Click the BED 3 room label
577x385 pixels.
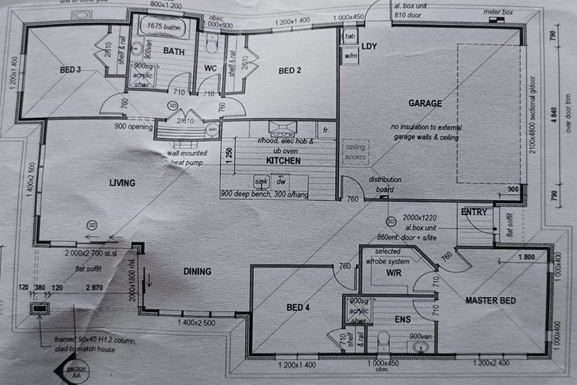71,70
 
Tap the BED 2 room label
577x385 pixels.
290,71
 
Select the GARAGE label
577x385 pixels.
425,103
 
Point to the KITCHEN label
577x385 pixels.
282,160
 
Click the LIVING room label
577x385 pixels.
122,183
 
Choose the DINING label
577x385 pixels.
197,271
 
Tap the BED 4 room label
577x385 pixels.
298,307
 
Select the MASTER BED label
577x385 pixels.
490,301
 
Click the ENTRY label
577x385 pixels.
475,212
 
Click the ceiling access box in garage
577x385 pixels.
355,153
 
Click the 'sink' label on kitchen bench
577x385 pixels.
261,181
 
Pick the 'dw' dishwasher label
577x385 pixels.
281,181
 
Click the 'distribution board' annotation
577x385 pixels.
385,184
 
